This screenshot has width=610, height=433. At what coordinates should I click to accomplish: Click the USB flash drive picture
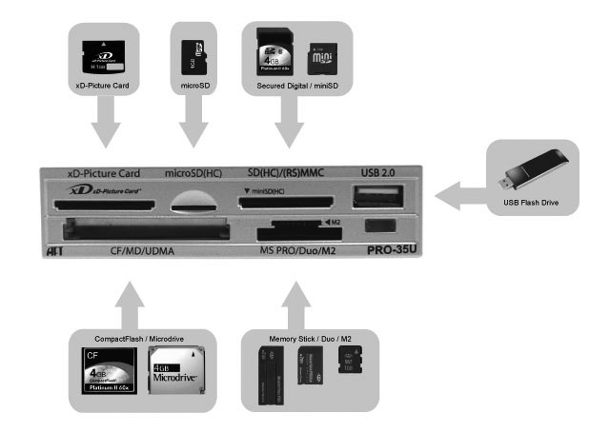coord(531,171)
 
